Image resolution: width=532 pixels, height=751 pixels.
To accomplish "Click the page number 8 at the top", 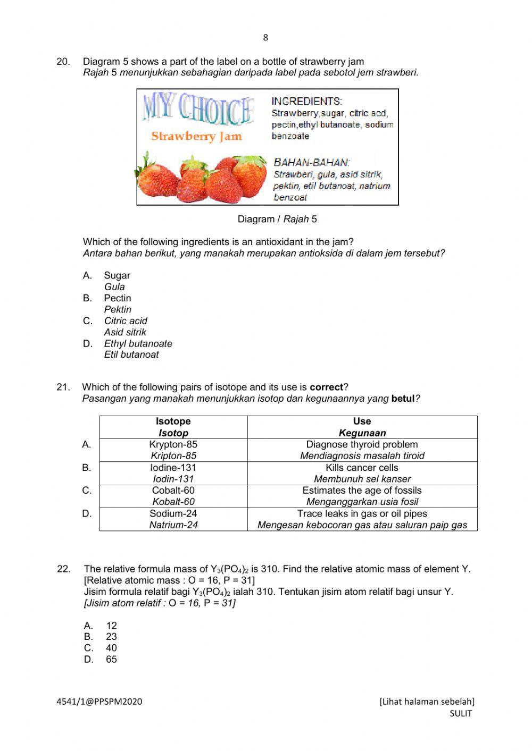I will coord(265,38).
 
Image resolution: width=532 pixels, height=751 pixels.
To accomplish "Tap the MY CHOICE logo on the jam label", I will coord(197,110).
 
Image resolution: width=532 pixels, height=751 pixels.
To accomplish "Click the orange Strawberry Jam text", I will coord(196,136).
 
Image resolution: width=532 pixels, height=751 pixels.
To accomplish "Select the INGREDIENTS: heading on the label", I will coord(307,101).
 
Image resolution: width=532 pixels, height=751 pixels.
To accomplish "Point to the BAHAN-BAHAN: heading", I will coord(311,162).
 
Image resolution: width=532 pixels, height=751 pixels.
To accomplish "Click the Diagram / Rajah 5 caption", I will coord(277,219).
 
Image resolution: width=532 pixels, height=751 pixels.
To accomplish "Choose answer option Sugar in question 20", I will coord(117,275).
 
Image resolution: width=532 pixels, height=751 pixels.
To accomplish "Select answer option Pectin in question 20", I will coord(117,298).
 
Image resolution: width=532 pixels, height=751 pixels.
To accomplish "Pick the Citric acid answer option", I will coord(126,321).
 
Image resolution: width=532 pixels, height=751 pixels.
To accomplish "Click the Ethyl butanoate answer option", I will coord(138,344).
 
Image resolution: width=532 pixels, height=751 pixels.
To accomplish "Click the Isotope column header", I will coord(173,427).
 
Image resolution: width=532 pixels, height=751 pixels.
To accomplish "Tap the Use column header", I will coord(362,427).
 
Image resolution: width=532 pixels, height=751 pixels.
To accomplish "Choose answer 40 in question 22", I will coord(111,648).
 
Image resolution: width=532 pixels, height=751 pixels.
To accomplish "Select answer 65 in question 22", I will coord(111,660).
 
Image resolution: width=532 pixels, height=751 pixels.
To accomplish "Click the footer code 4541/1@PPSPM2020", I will coord(99,702).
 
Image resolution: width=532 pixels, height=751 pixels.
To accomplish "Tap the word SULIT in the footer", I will coord(461,714).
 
